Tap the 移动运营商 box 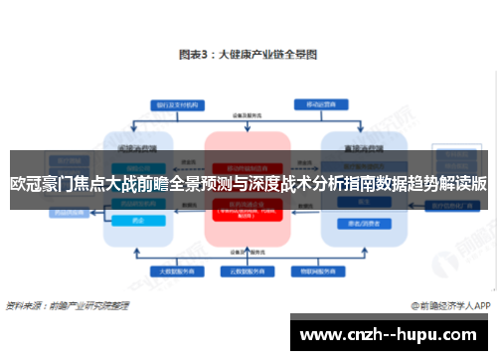click(x=315, y=102)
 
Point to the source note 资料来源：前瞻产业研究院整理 click(x=67, y=306)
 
